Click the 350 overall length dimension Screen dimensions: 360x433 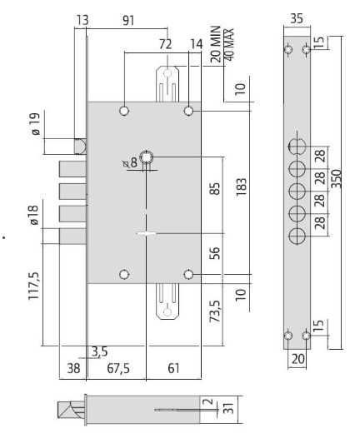click(337, 178)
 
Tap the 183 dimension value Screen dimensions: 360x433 click(241, 187)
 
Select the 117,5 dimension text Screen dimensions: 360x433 click(34, 286)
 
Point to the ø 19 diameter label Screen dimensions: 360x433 click(36, 124)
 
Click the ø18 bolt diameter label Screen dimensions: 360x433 click(33, 215)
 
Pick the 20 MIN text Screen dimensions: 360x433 click(215, 44)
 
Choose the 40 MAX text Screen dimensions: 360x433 click(228, 44)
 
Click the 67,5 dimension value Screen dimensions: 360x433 click(118, 369)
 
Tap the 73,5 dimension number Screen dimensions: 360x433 click(215, 311)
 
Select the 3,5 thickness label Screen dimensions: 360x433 click(99, 352)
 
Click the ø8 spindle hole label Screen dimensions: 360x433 click(131, 162)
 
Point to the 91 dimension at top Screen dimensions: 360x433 click(128, 21)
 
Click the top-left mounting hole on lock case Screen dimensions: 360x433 click(124, 111)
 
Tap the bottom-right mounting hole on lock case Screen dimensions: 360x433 click(188, 275)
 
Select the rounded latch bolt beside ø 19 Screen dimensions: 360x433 click(80, 147)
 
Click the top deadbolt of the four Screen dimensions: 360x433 click(72, 169)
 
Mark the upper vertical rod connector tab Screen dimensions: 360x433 click(167, 84)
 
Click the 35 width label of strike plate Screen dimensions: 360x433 click(297, 18)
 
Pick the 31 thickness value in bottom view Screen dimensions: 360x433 click(228, 408)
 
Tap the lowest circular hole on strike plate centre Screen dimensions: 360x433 click(297, 236)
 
